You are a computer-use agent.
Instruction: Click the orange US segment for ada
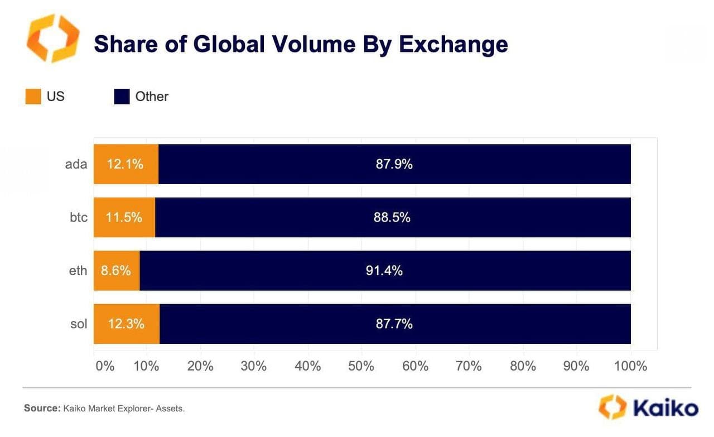[x=126, y=164]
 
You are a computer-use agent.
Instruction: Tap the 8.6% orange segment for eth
[x=117, y=271]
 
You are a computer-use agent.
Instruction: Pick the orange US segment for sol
[x=127, y=324]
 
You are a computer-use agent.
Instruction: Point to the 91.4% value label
[x=384, y=271]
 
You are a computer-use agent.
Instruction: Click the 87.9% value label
[x=394, y=164]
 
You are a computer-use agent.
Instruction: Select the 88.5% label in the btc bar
[x=392, y=217]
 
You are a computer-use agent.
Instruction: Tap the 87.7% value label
[x=394, y=324]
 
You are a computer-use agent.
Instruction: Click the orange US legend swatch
[x=33, y=97]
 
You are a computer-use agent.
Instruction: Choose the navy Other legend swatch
[x=122, y=97]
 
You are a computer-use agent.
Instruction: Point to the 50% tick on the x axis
[x=361, y=366]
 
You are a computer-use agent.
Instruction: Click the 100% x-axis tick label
[x=630, y=366]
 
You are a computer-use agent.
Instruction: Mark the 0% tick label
[x=104, y=366]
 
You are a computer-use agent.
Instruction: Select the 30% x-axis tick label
[x=254, y=366]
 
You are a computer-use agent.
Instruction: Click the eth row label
[x=78, y=271]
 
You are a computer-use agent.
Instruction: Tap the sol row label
[x=79, y=324]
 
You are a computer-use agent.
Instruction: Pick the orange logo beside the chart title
[x=53, y=39]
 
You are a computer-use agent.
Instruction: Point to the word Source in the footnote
[x=41, y=409]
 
